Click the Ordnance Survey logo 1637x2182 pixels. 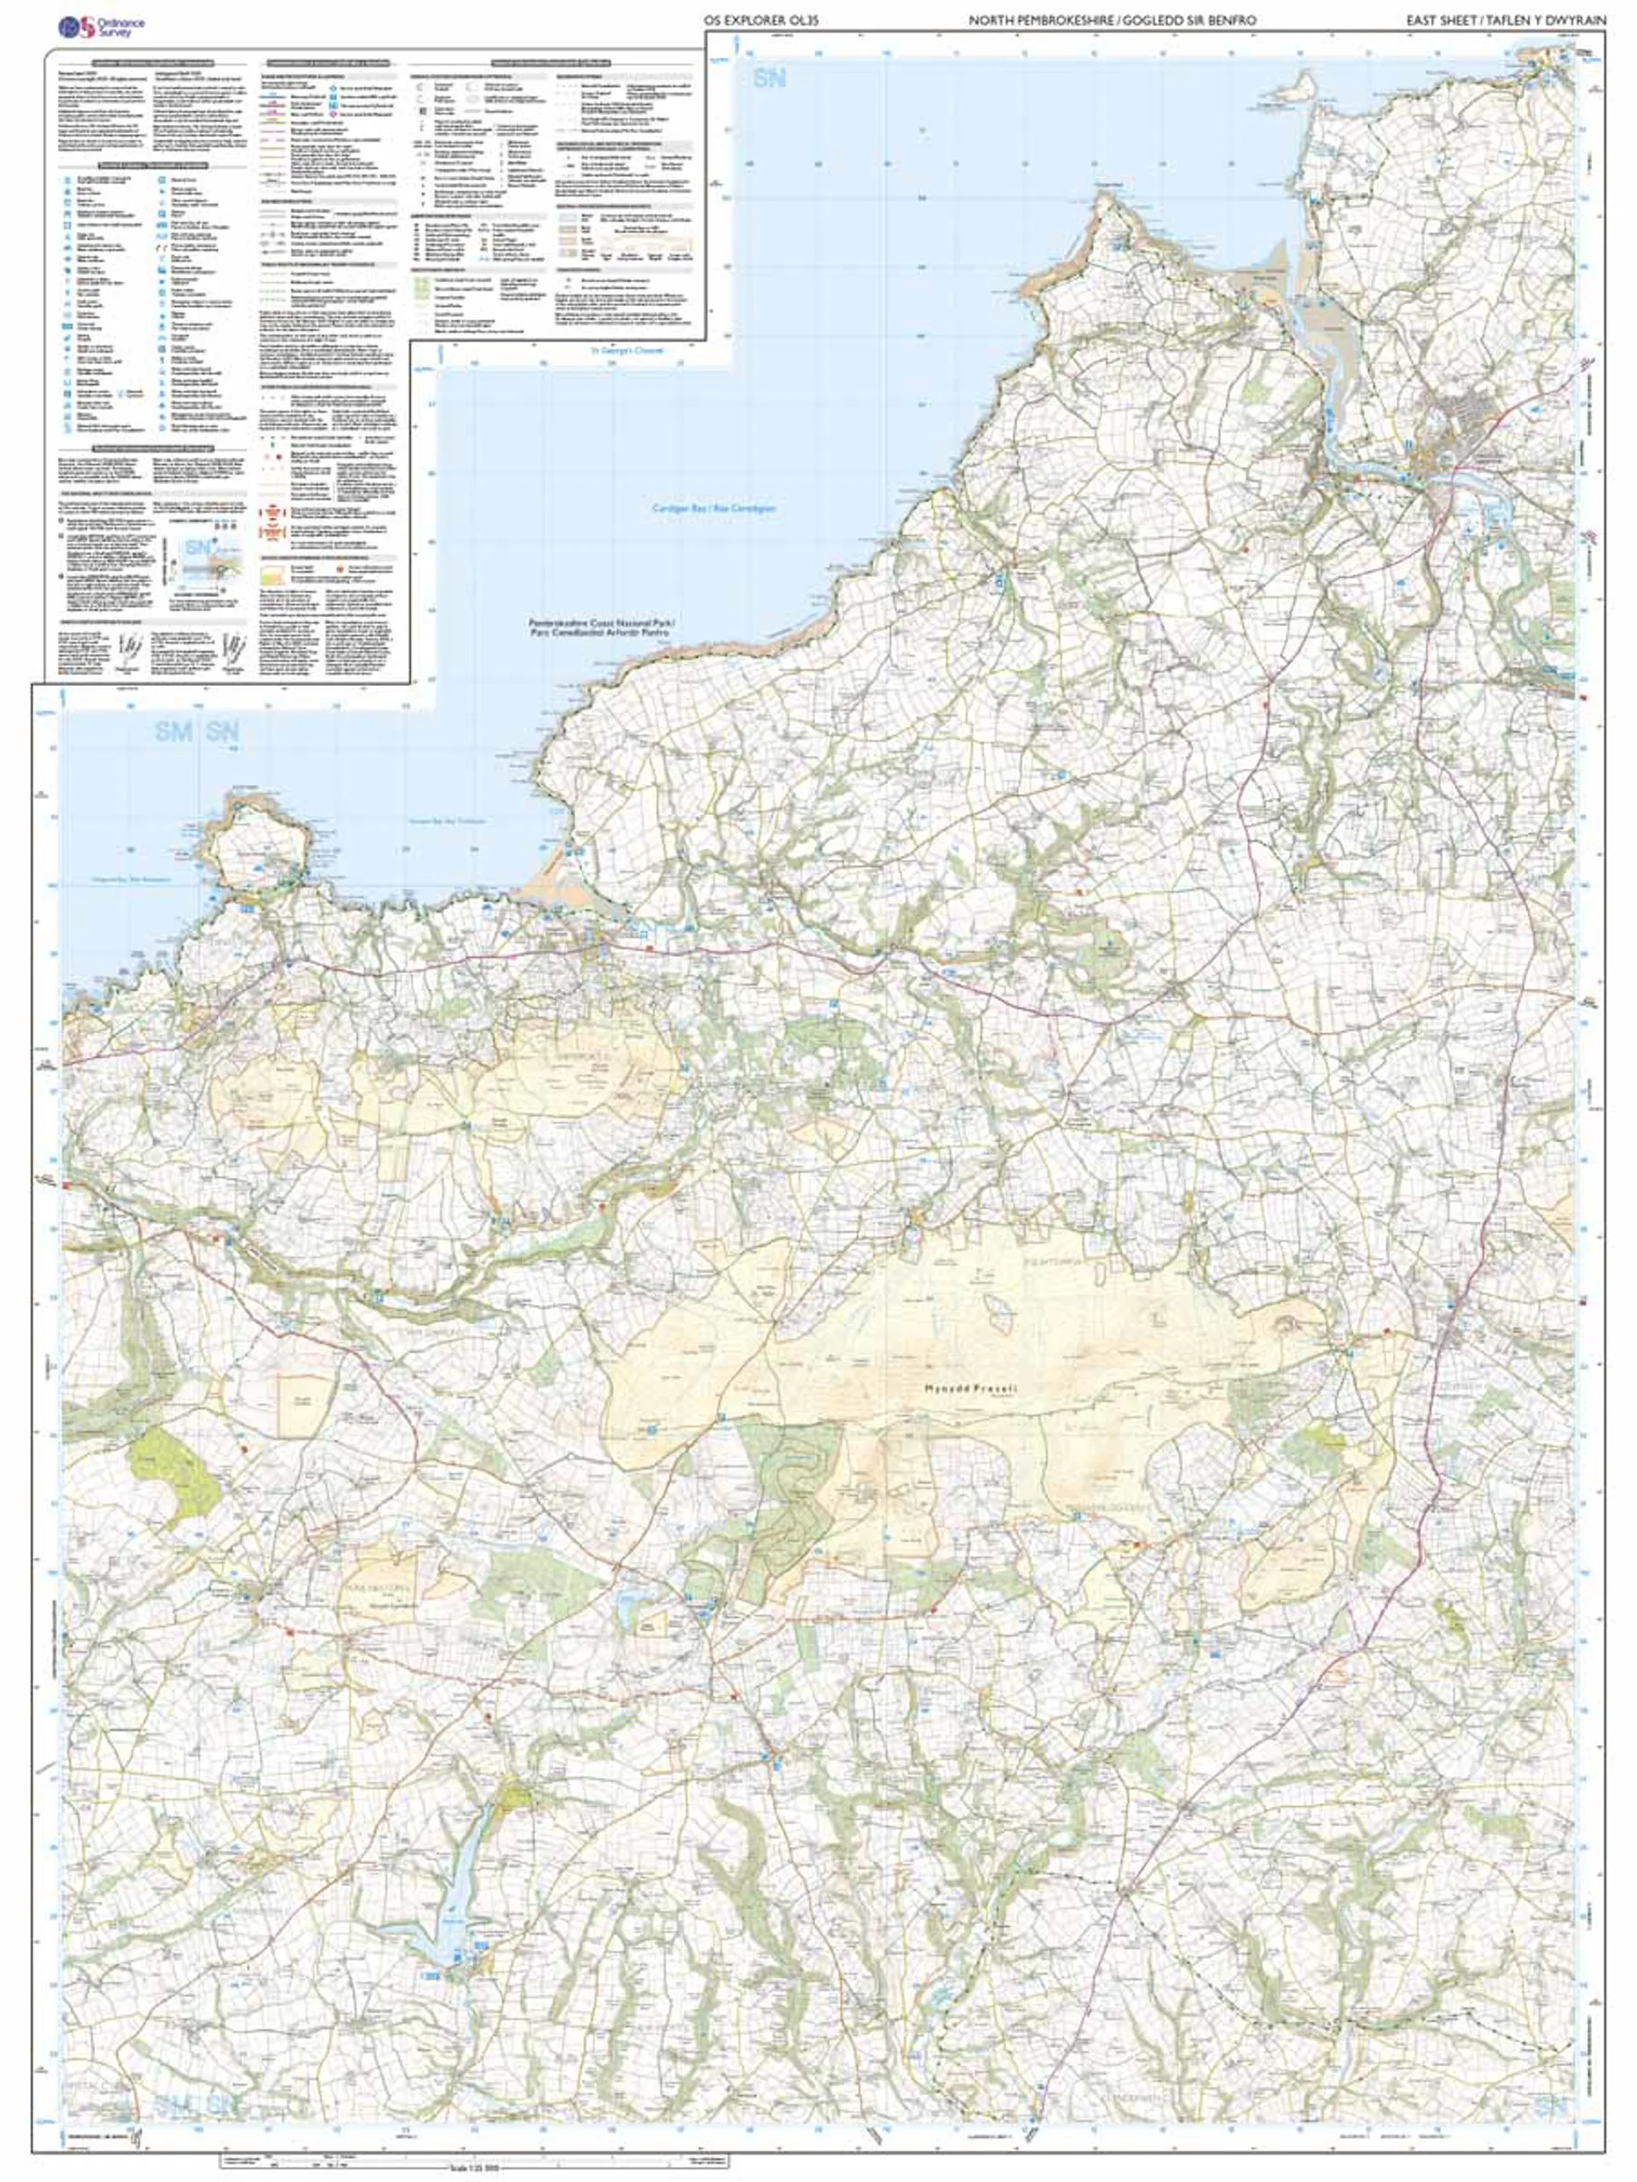(100, 26)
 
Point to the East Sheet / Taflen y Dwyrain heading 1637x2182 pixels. (1506, 20)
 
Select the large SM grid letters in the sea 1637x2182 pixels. (174, 733)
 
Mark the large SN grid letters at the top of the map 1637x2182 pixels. (769, 78)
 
